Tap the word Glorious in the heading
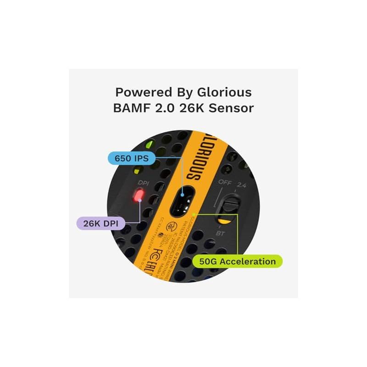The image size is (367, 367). [226, 92]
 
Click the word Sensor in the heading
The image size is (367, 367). [234, 109]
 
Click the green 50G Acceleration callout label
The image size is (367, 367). [237, 261]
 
